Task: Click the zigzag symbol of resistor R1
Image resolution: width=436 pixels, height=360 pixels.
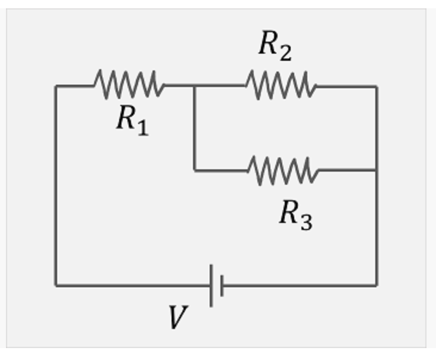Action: pyautogui.click(x=129, y=85)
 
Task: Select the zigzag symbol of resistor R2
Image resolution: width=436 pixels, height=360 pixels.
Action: pyautogui.click(x=281, y=85)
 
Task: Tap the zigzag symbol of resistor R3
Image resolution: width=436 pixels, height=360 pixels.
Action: pyautogui.click(x=283, y=170)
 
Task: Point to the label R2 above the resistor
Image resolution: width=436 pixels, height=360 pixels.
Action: pyautogui.click(x=275, y=45)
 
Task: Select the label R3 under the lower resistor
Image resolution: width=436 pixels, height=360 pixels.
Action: pyautogui.click(x=295, y=213)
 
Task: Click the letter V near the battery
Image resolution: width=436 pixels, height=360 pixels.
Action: pyautogui.click(x=177, y=317)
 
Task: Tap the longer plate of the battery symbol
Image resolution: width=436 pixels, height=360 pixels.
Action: pyautogui.click(x=211, y=286)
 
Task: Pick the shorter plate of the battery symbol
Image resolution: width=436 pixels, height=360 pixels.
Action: pyautogui.click(x=222, y=286)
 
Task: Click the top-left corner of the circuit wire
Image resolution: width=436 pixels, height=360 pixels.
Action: pyautogui.click(x=56, y=86)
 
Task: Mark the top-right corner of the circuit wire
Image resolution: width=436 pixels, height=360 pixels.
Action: pyautogui.click(x=376, y=86)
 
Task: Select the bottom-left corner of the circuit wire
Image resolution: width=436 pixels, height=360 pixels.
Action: pyautogui.click(x=56, y=285)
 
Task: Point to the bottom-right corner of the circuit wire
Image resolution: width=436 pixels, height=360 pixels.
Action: pyautogui.click(x=376, y=285)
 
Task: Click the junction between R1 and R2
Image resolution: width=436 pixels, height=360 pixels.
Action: pyautogui.click(x=194, y=86)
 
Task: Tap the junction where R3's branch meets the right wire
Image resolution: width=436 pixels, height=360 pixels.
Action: pyautogui.click(x=376, y=170)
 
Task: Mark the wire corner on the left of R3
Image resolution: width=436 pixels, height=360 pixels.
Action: pyautogui.click(x=194, y=170)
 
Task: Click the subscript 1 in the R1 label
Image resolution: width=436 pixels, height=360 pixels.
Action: pyautogui.click(x=142, y=127)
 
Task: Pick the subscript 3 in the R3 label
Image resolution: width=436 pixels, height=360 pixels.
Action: pyautogui.click(x=306, y=221)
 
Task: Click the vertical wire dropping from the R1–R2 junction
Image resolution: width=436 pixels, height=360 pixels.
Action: pyautogui.click(x=194, y=128)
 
